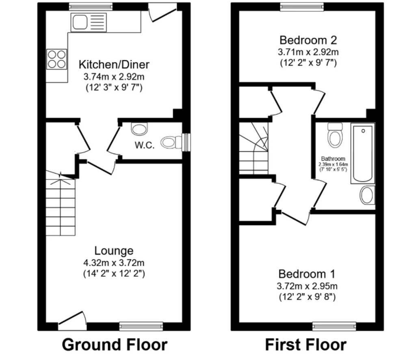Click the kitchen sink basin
[80, 22]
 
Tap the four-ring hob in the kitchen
[56, 59]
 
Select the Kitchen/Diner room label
[114, 65]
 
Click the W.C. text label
[144, 145]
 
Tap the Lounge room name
[114, 251]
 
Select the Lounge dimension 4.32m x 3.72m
[114, 263]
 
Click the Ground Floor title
[115, 345]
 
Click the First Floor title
[305, 345]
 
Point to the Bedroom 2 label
[308, 40]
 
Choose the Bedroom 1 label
[307, 274]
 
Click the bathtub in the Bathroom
[363, 153]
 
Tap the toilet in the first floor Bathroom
[335, 135]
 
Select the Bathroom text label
[333, 158]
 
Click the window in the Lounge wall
[141, 326]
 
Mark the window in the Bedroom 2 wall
[302, 7]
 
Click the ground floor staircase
[61, 203]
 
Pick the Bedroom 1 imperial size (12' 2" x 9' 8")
[307, 297]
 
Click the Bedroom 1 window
[334, 326]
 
